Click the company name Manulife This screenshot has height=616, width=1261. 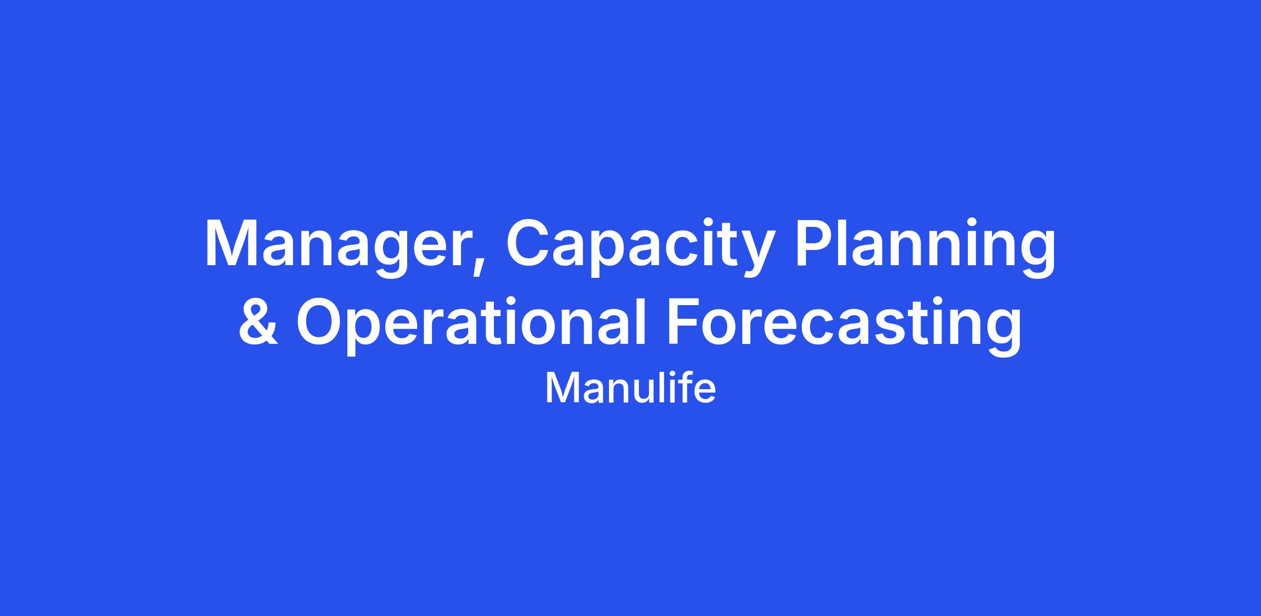(630, 389)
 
